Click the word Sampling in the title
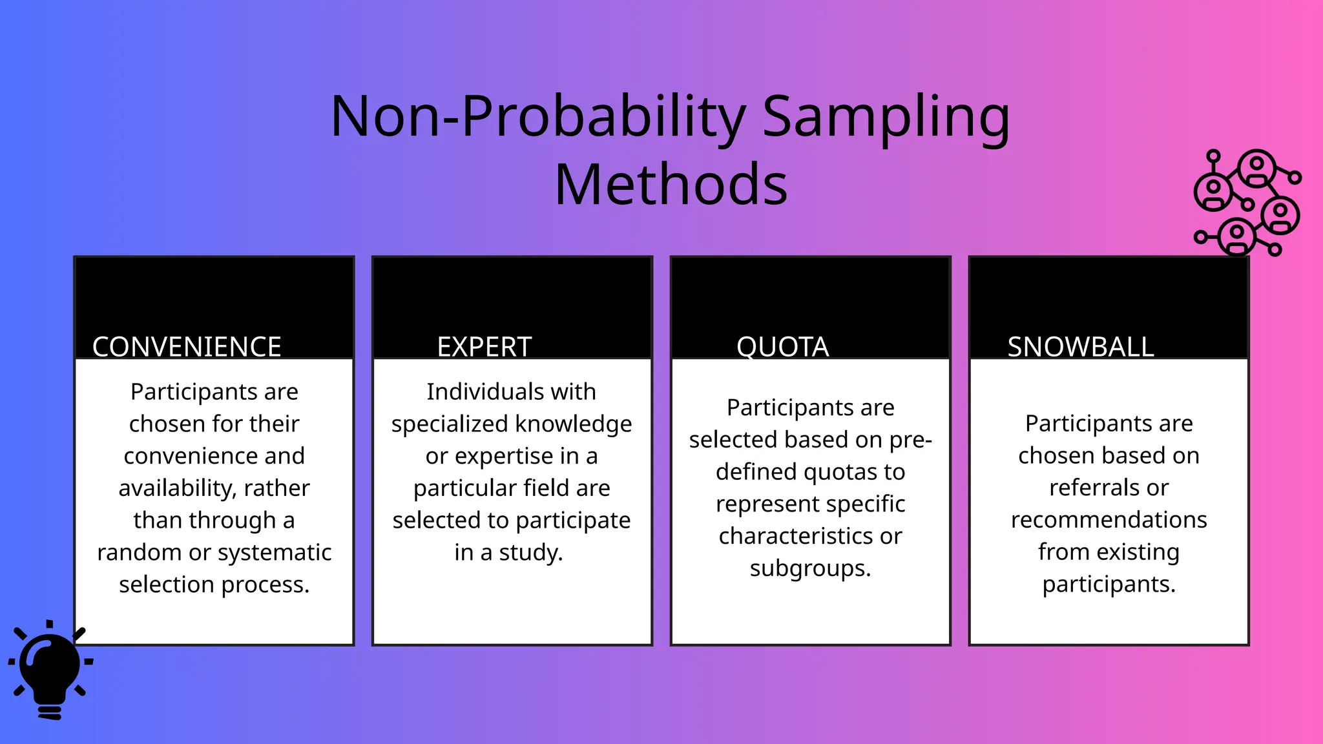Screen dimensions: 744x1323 [x=886, y=118]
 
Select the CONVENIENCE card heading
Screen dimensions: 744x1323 [x=187, y=347]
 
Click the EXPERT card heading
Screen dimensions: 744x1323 [x=484, y=347]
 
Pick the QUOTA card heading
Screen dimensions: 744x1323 [x=782, y=347]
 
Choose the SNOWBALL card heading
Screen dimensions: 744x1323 [x=1080, y=347]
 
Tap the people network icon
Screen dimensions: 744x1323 [x=1246, y=202]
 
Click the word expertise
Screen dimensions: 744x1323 [x=503, y=456]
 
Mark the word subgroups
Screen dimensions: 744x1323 [x=810, y=568]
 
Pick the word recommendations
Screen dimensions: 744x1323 [x=1109, y=520]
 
